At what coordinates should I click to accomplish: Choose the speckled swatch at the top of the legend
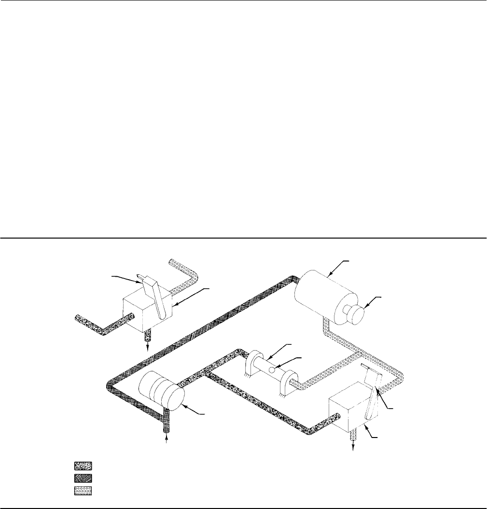click(83, 466)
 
